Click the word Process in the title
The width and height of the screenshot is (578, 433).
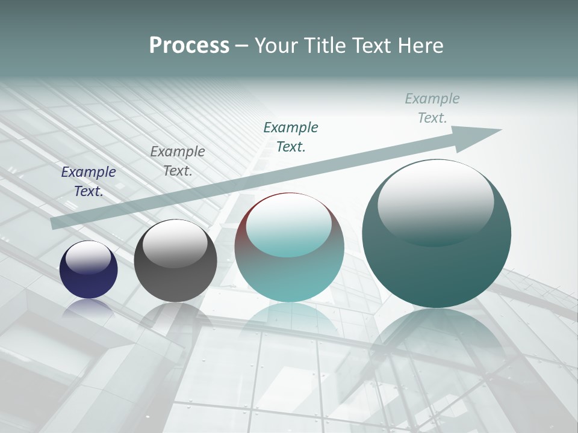pos(189,46)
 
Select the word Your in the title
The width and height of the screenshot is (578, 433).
pos(278,46)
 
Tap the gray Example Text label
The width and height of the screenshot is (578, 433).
pos(178,161)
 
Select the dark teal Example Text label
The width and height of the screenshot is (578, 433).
pos(291,137)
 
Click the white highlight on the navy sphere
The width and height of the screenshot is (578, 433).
pos(88,257)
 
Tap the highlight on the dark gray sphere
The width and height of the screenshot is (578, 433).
pos(175,244)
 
